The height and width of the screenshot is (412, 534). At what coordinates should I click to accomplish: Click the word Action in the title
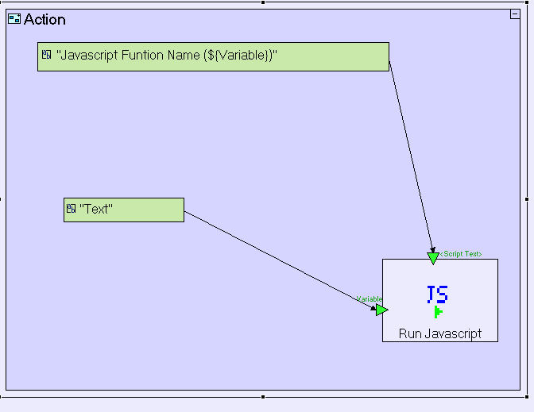point(44,19)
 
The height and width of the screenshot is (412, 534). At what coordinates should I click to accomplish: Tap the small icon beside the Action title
point(14,19)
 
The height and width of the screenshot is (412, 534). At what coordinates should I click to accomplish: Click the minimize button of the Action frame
point(514,14)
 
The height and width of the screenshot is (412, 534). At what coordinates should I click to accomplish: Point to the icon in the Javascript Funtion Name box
point(47,56)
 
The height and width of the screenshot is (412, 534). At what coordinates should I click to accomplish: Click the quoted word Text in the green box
point(96,210)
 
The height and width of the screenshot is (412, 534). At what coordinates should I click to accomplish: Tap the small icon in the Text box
point(72,209)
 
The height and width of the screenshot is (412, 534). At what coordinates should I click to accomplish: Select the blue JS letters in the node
point(437,295)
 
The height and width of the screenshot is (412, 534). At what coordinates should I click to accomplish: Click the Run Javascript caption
point(440,333)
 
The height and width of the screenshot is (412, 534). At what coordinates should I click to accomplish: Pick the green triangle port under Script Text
point(433,258)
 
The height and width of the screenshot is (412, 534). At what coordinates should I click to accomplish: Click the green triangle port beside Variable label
point(381,310)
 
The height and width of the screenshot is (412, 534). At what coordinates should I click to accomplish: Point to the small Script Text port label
point(461,254)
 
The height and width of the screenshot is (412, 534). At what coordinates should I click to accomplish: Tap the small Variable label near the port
point(369,299)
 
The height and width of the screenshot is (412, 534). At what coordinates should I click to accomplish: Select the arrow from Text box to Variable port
point(278,259)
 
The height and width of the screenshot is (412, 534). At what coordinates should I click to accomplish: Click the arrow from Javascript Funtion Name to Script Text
point(411,159)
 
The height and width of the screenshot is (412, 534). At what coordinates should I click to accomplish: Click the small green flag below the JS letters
point(438,312)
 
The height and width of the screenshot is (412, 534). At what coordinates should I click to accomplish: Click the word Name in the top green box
point(188,56)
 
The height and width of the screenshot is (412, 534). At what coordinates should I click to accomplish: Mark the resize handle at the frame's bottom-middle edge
point(263,396)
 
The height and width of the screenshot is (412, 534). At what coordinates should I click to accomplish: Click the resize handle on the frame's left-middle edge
point(2,198)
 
